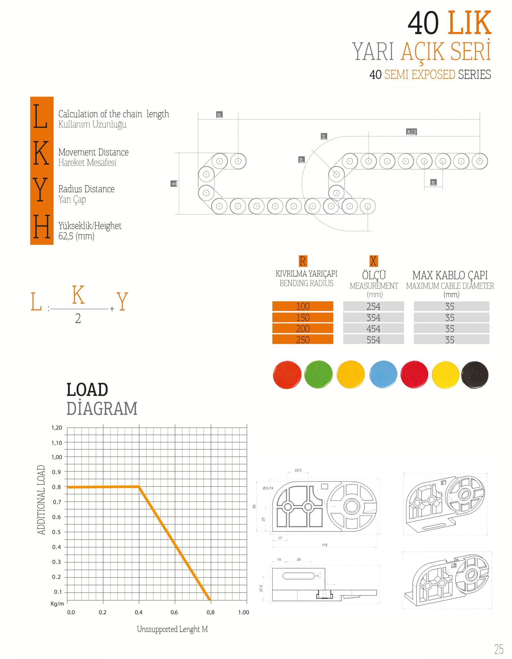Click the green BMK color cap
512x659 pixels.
click(318, 374)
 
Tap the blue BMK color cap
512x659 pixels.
click(383, 374)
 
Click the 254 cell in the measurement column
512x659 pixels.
click(373, 306)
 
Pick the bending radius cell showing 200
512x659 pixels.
click(303, 329)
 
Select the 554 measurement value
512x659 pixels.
click(373, 339)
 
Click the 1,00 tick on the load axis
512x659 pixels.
click(57, 457)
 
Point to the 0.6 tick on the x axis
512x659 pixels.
click(174, 612)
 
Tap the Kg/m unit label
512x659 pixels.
click(57, 604)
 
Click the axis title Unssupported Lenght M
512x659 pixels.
click(172, 629)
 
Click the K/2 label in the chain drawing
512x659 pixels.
click(412, 132)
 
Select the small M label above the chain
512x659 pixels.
click(219, 115)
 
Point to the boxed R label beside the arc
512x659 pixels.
click(301, 159)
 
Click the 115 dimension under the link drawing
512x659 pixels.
click(324, 545)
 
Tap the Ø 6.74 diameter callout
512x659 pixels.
click(268, 488)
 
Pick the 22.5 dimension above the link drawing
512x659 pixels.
click(298, 470)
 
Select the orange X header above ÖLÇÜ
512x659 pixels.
click(373, 261)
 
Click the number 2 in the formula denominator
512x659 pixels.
click(78, 319)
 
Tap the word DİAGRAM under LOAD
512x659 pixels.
click(102, 408)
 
